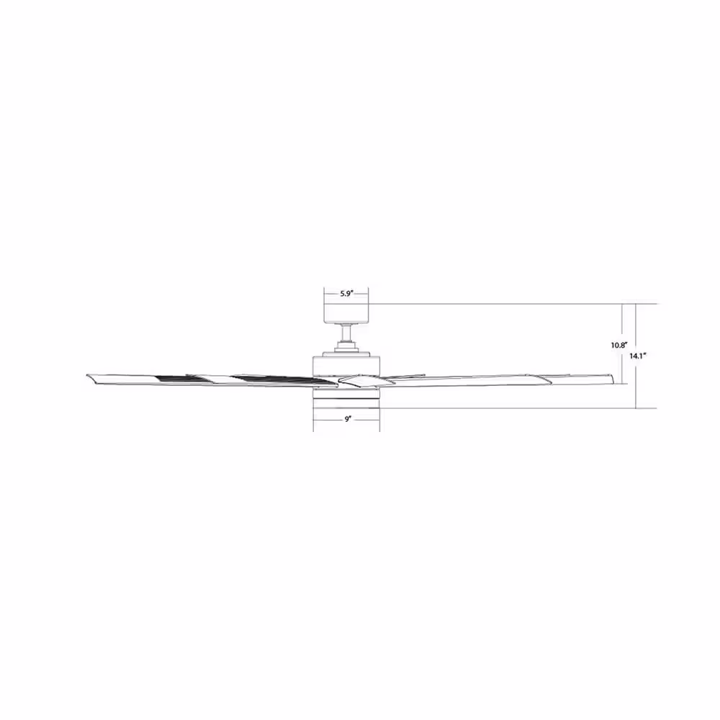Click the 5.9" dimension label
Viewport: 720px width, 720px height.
(x=346, y=294)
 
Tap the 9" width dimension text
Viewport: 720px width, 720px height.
(x=346, y=418)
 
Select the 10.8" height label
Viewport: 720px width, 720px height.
(x=619, y=346)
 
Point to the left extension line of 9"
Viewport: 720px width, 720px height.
(x=313, y=421)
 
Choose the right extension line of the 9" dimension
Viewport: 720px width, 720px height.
(x=379, y=421)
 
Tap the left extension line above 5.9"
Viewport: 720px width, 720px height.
(x=325, y=294)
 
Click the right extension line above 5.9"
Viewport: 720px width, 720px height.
(x=369, y=294)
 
